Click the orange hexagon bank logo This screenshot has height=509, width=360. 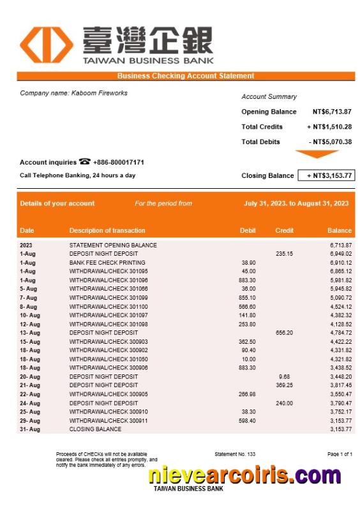tap(46, 45)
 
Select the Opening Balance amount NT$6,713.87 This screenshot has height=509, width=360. tap(332, 112)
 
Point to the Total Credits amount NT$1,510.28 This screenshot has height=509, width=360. tap(329, 126)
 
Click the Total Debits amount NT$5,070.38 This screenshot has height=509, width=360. tap(330, 142)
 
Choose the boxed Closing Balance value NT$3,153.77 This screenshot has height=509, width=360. tap(326, 175)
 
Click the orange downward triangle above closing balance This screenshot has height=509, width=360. tap(317, 154)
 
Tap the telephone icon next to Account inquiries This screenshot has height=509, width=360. tap(85, 162)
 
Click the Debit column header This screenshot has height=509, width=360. tap(248, 230)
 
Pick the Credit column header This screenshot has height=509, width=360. tap(284, 230)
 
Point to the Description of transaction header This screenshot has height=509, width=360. tap(107, 230)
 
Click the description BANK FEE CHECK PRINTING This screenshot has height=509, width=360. tap(107, 262)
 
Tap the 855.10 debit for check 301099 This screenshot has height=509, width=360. tap(247, 297)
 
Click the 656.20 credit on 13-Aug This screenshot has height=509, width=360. tap(284, 332)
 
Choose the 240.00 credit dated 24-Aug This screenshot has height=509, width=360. tap(284, 403)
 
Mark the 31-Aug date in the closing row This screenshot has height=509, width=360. tap(29, 429)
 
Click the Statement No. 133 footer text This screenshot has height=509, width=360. tap(235, 454)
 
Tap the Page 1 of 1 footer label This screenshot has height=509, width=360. tap(340, 454)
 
